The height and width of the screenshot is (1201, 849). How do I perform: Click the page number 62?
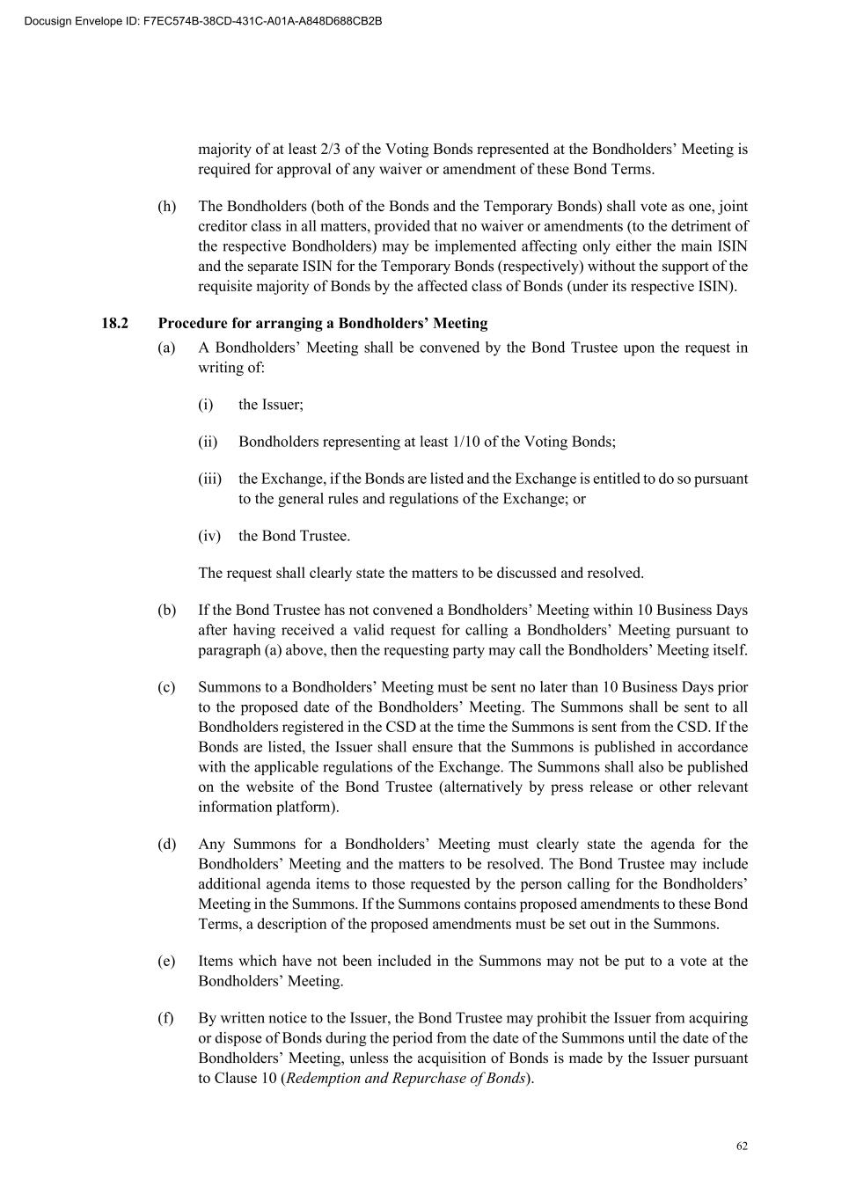(x=742, y=1146)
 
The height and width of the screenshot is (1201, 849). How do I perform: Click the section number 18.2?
(x=114, y=323)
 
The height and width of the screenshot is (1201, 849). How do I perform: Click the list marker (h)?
(x=166, y=207)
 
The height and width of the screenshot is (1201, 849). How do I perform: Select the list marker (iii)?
(x=209, y=479)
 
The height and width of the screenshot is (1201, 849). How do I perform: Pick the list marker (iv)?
(x=209, y=536)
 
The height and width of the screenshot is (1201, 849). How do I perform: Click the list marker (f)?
(x=165, y=1018)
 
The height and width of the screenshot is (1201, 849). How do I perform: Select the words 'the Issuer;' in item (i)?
(x=271, y=405)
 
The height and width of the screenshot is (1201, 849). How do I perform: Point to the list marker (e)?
(x=166, y=961)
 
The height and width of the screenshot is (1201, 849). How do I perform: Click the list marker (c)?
(x=166, y=687)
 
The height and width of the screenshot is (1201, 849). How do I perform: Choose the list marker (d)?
(x=166, y=845)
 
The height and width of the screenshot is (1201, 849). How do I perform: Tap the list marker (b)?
(x=166, y=610)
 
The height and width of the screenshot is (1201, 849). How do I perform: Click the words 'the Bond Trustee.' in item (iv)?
(x=294, y=536)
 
